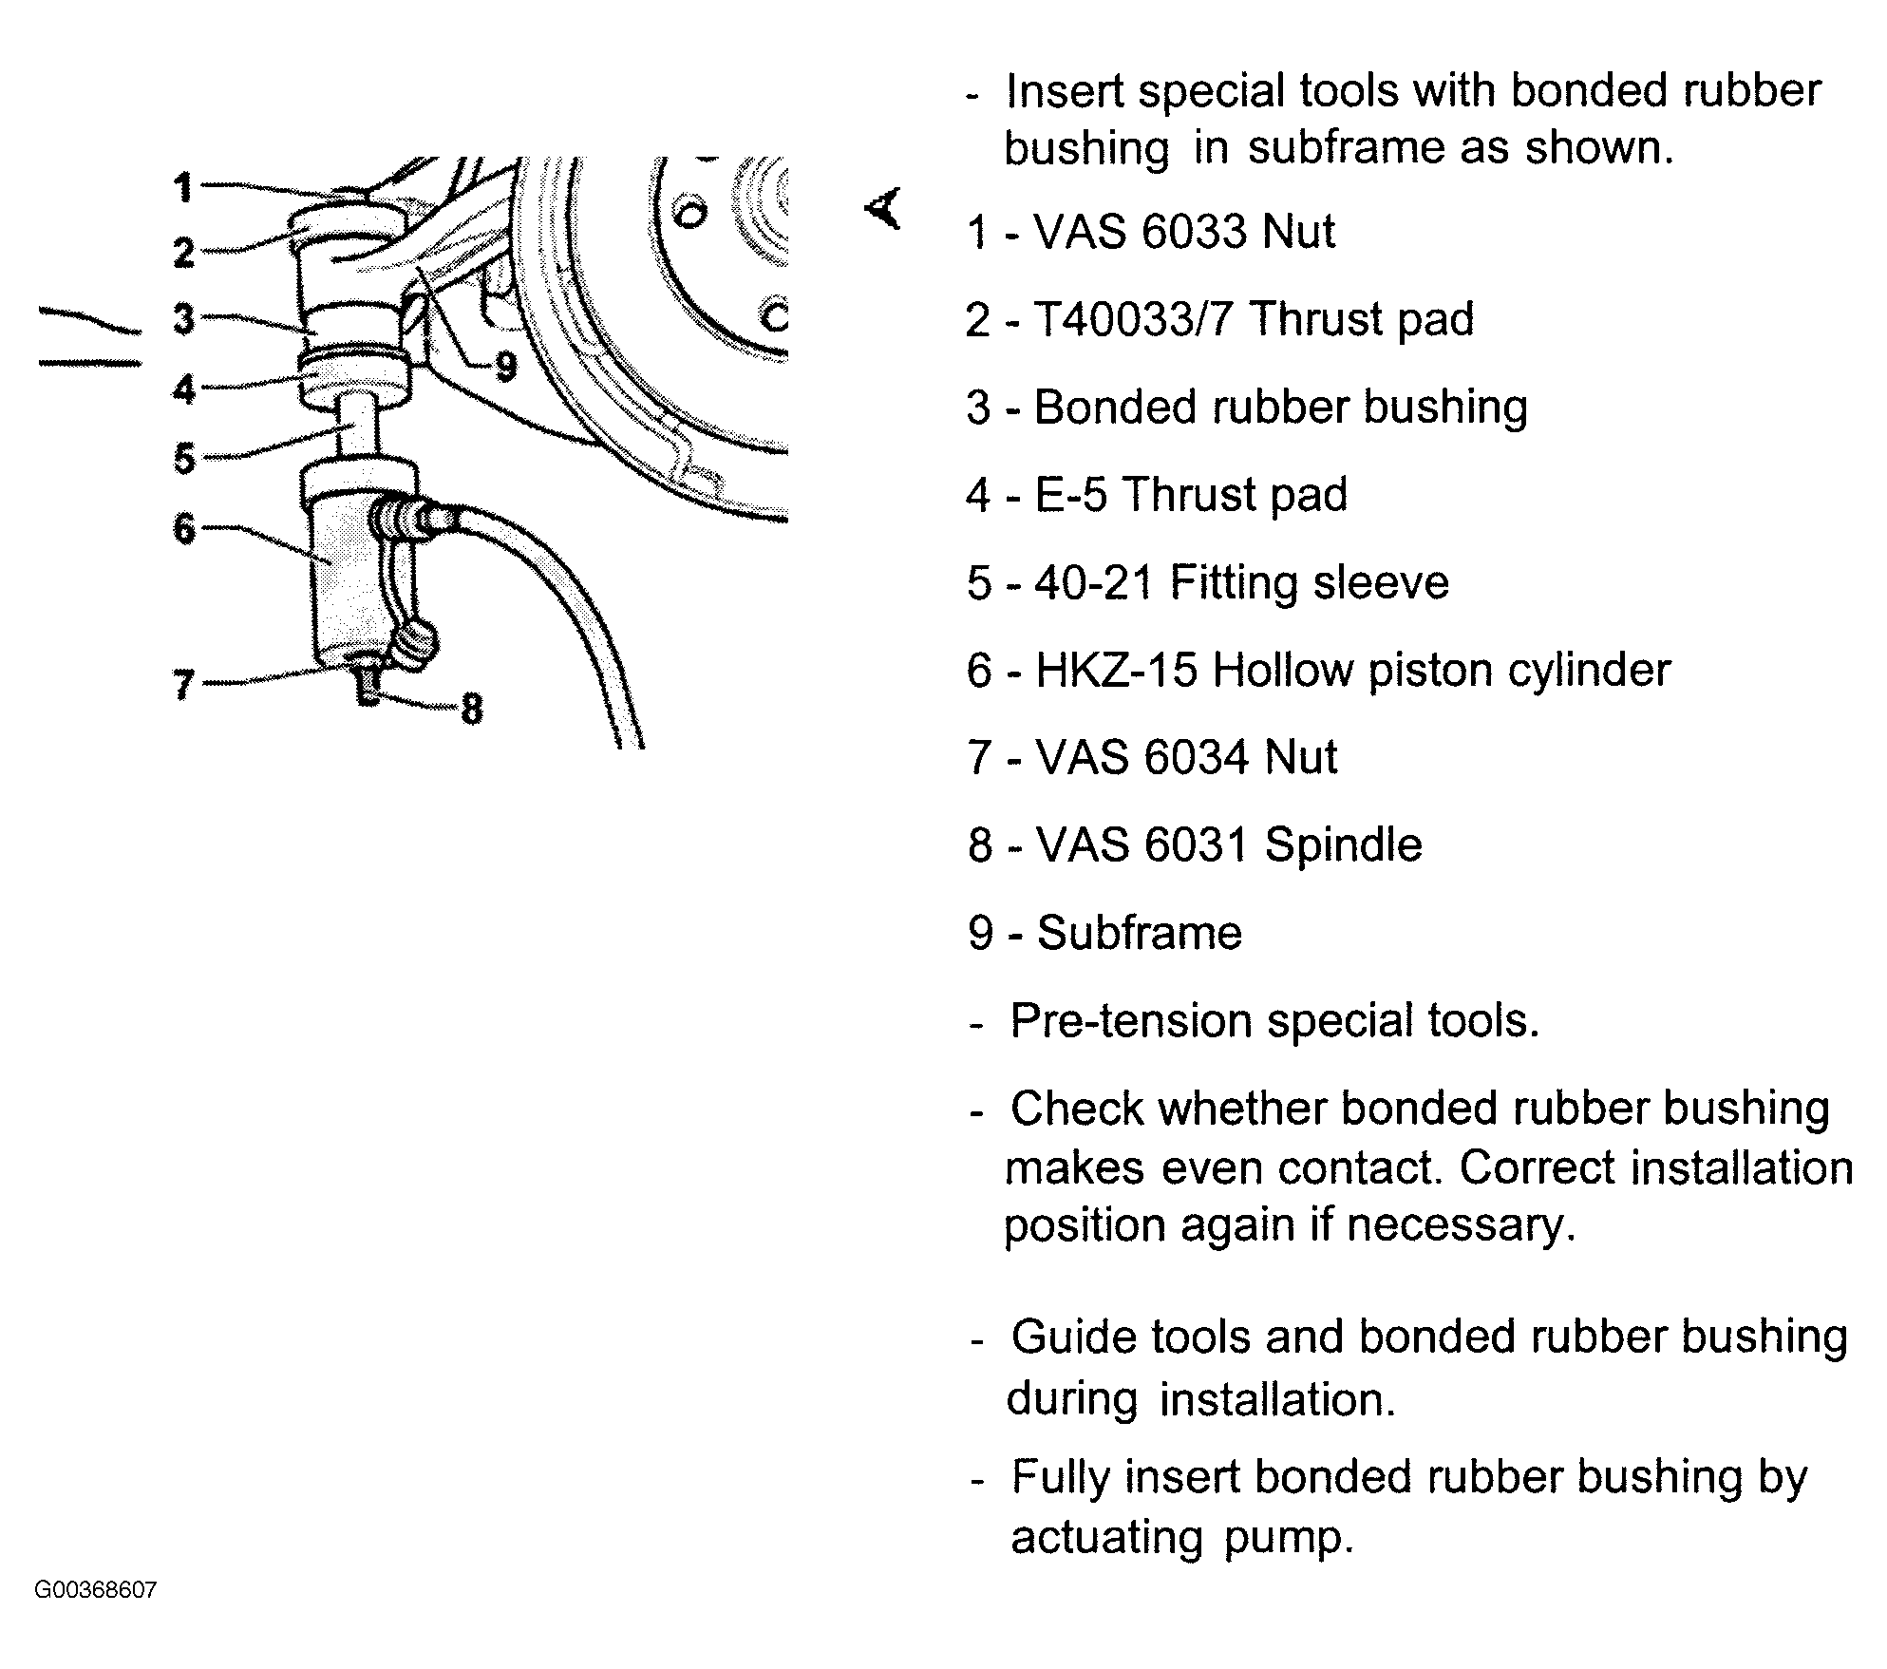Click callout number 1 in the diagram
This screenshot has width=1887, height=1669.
click(x=183, y=187)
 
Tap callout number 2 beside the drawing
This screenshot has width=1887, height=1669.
click(x=184, y=253)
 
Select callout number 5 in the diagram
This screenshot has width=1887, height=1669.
click(x=184, y=459)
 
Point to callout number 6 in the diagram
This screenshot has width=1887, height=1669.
click(x=184, y=528)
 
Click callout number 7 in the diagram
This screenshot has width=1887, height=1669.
click(x=184, y=684)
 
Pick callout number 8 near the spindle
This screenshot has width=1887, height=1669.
click(x=471, y=708)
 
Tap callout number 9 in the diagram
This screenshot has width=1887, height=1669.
click(x=506, y=366)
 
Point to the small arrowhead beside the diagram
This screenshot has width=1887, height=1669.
click(x=883, y=209)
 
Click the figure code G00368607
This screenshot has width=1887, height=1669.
click(x=96, y=1590)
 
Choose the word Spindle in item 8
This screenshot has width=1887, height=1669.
click(x=1344, y=845)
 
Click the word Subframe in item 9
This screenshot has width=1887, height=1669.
click(x=1140, y=934)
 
